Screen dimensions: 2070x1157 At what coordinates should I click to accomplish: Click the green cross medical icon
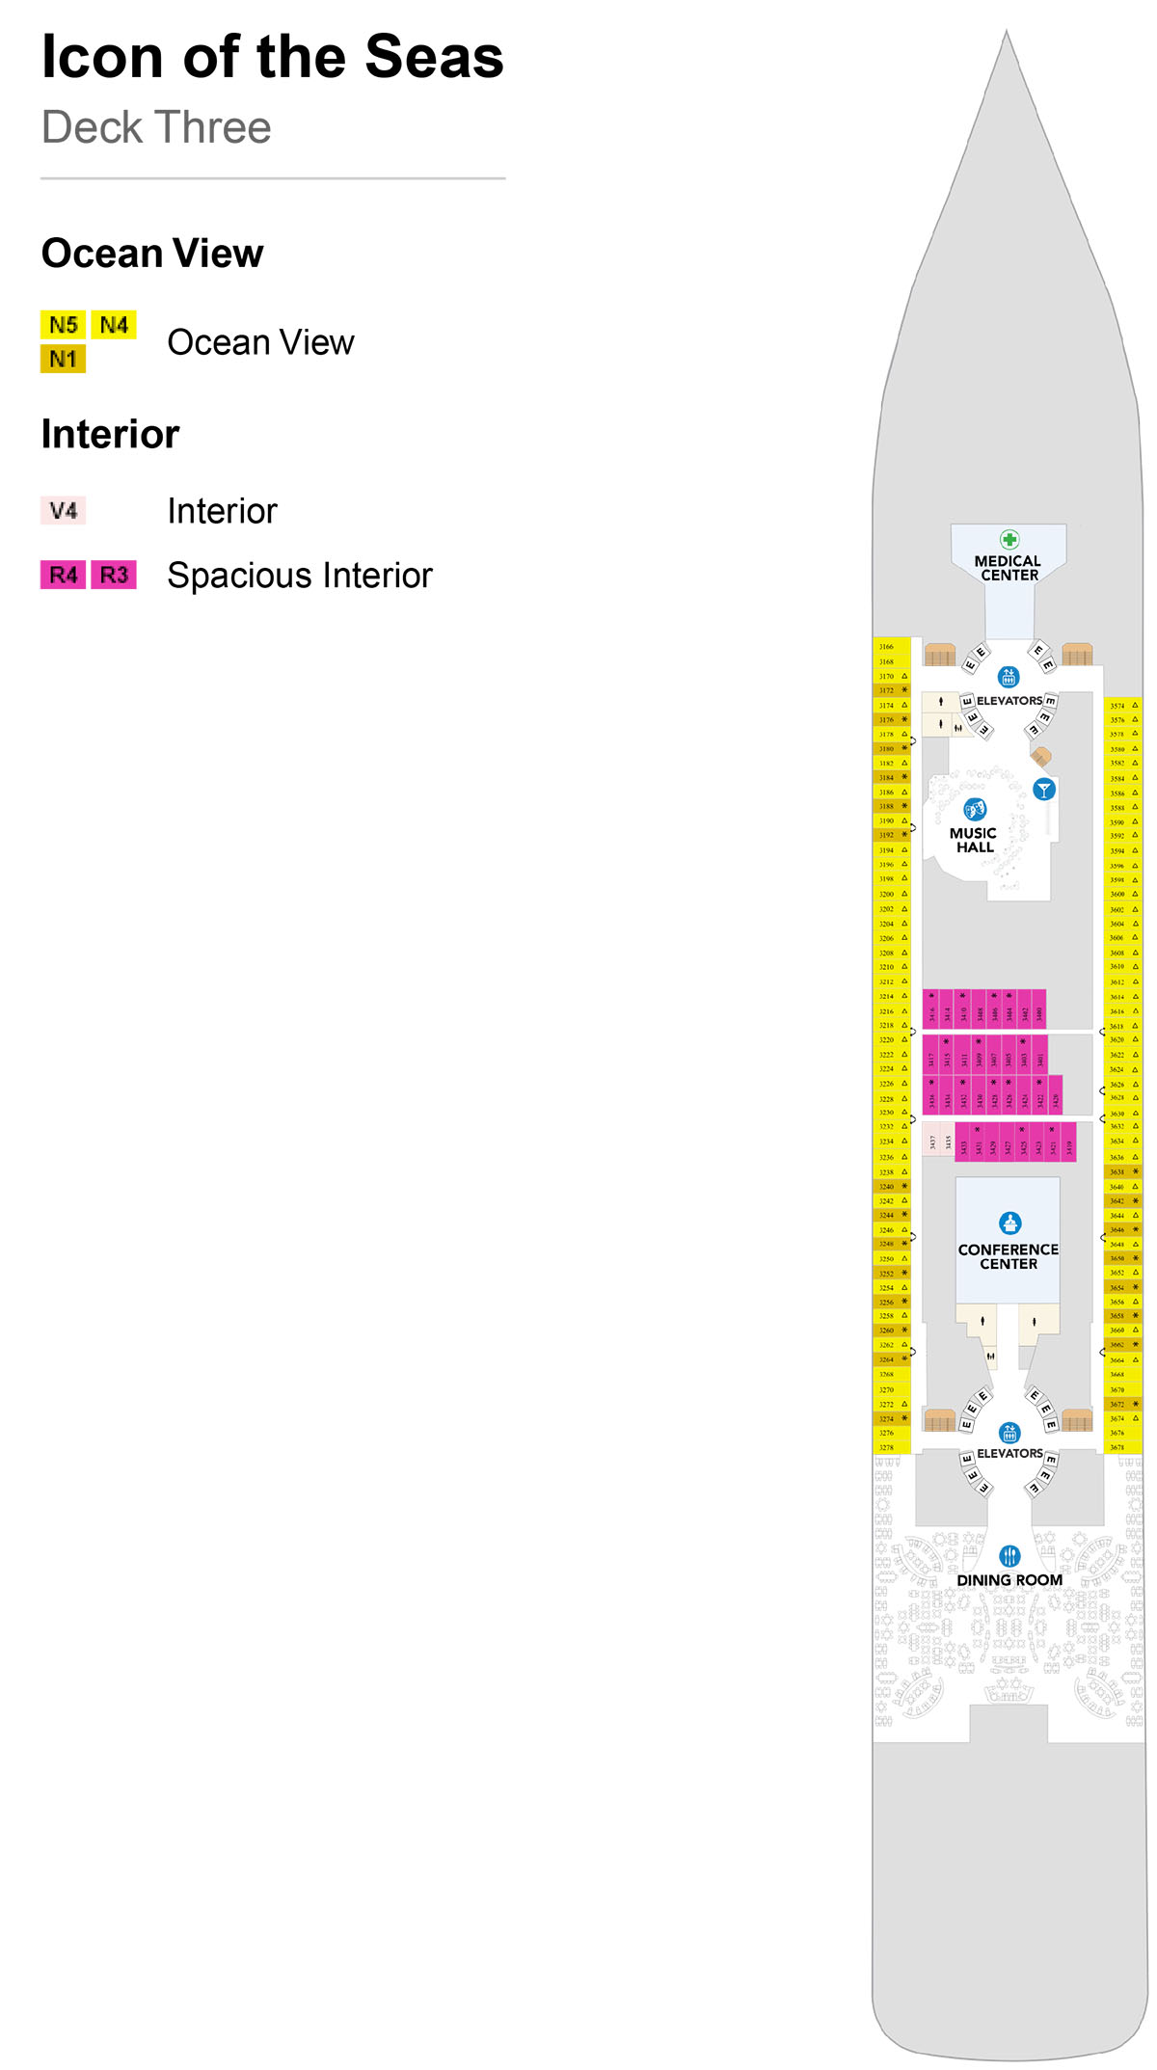point(1009,539)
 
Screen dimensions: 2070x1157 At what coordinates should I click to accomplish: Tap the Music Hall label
point(973,840)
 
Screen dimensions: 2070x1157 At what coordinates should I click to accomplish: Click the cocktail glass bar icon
point(1043,790)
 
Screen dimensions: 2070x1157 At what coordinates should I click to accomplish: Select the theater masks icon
point(974,809)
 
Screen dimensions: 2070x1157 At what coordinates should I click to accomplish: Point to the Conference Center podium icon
point(1009,1223)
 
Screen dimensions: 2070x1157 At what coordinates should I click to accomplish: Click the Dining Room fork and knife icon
point(1009,1555)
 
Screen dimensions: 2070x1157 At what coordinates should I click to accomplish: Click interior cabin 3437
point(931,1143)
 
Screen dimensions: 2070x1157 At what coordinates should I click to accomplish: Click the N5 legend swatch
point(63,325)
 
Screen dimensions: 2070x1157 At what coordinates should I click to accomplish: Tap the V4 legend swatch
point(63,510)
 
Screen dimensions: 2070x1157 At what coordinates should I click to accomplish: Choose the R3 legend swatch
point(114,575)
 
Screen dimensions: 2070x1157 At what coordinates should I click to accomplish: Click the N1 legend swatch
point(63,360)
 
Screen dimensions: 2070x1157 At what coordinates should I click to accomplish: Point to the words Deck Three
point(156,127)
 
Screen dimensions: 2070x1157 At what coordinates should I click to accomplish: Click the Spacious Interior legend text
point(300,576)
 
